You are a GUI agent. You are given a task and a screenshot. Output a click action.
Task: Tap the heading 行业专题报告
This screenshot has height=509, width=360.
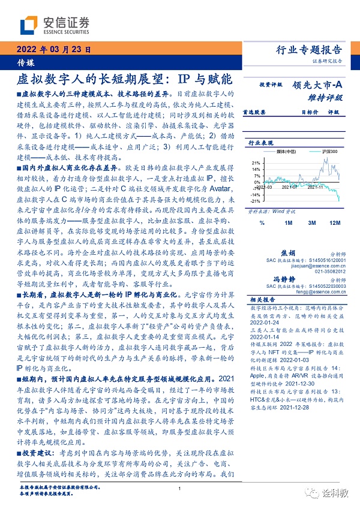coord(311,50)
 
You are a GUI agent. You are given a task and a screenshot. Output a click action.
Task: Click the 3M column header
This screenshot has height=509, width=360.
coord(312,223)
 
